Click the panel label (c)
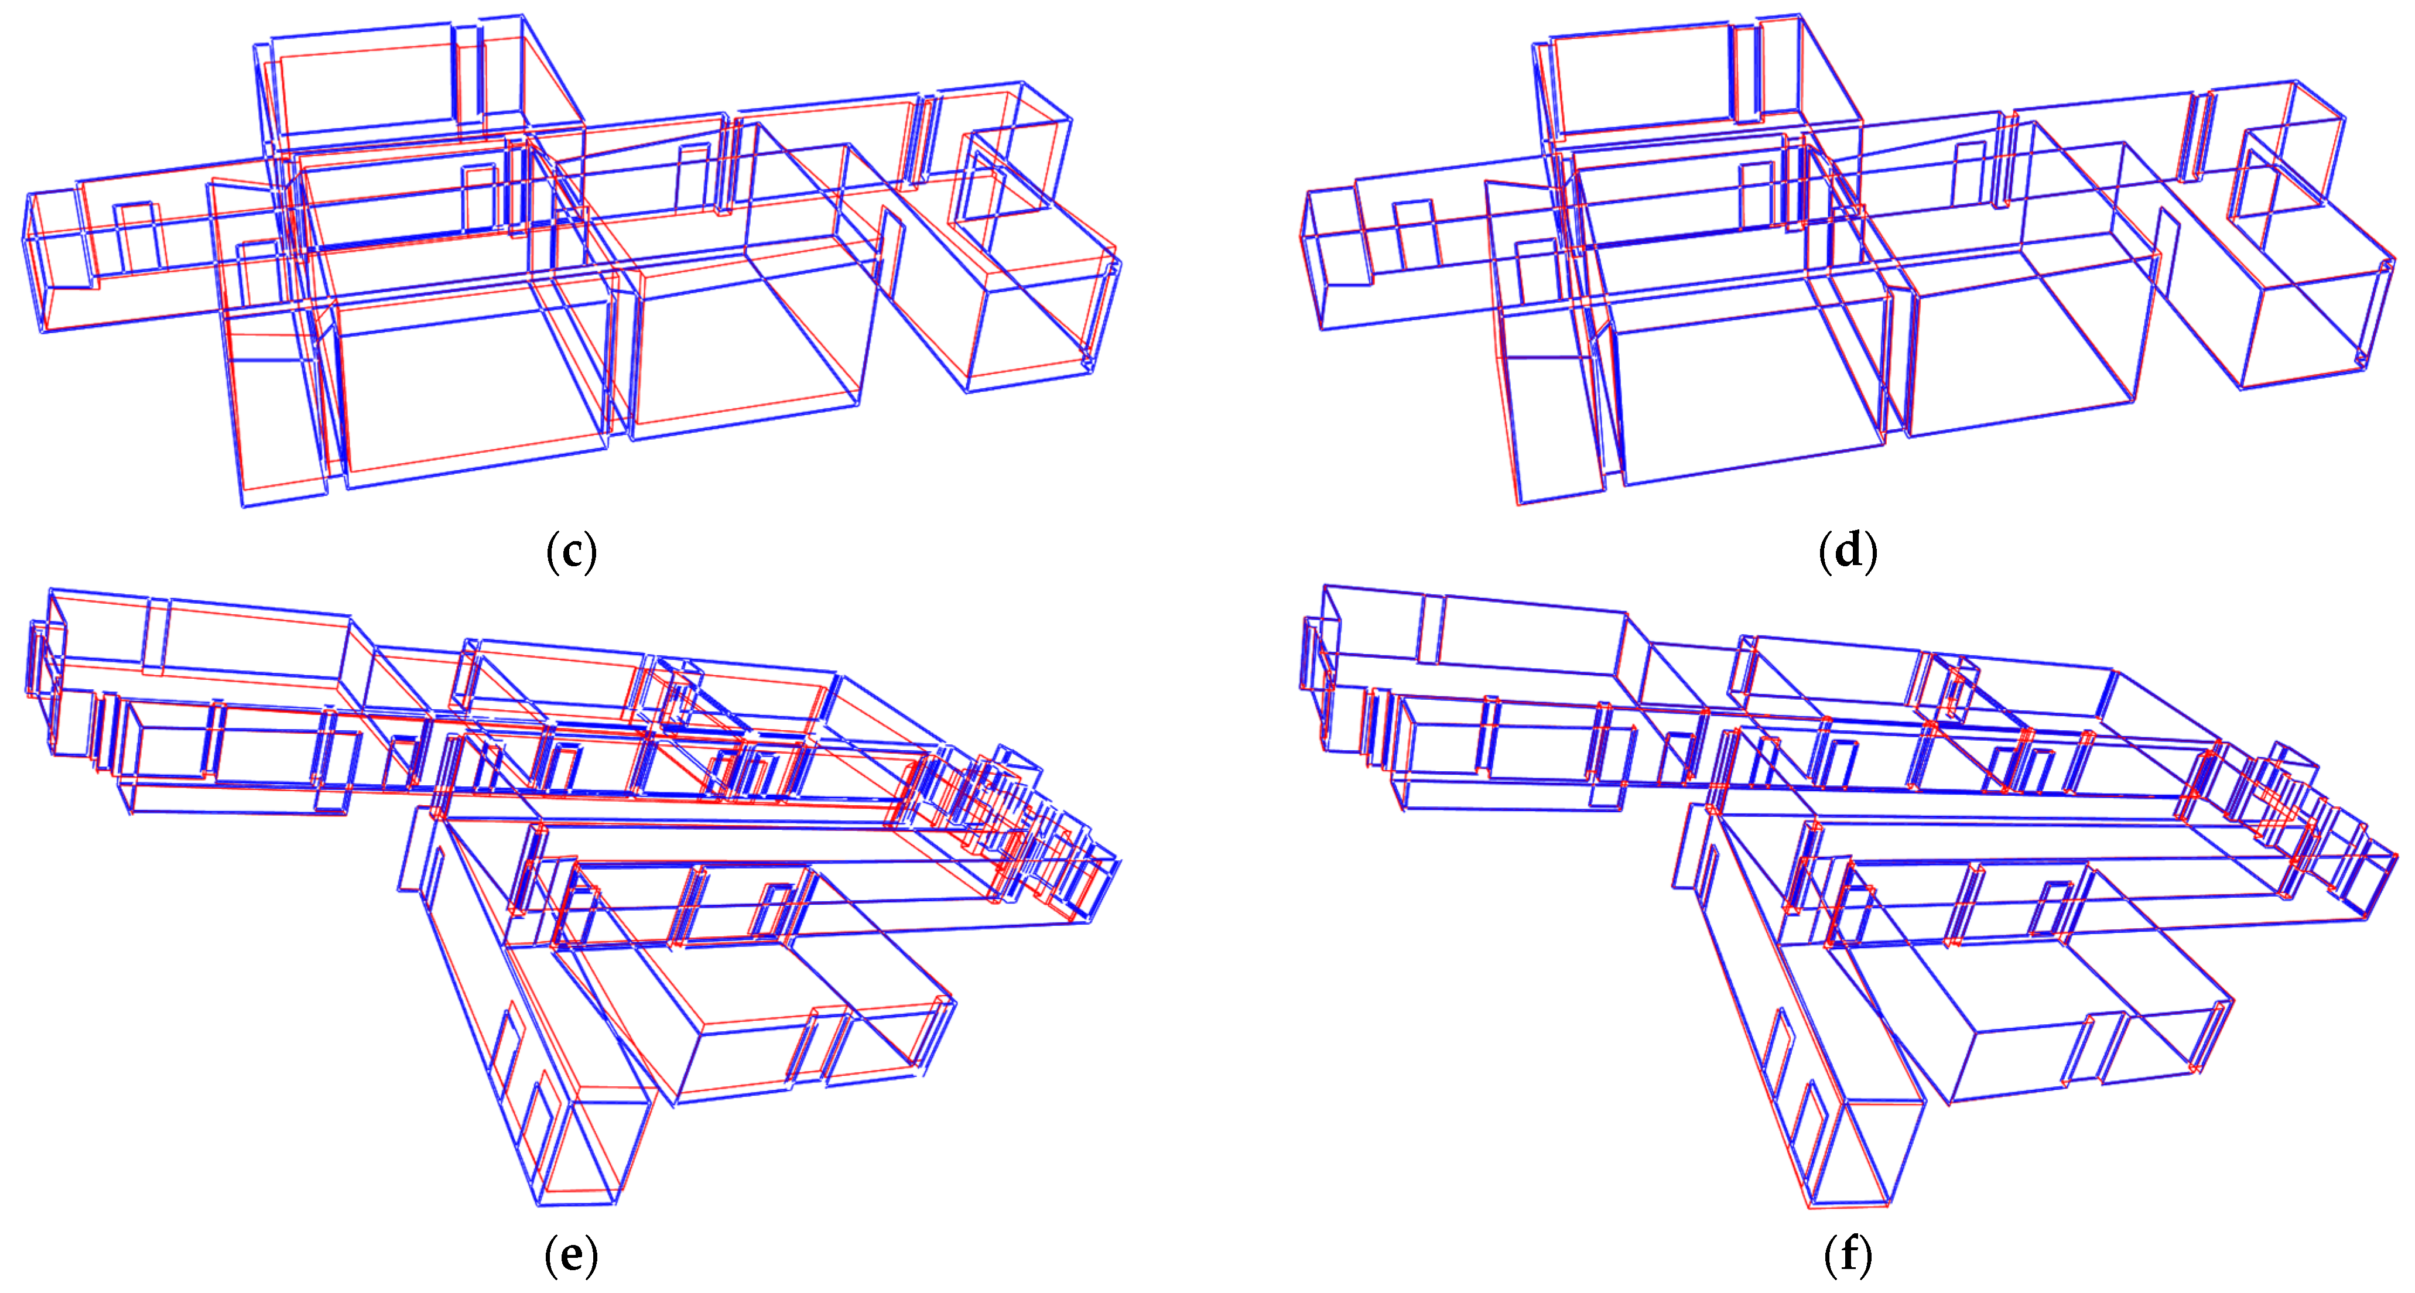coord(571,551)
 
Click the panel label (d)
coord(1848,550)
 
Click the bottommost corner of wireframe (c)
coord(244,507)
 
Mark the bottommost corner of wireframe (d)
coord(1520,504)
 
